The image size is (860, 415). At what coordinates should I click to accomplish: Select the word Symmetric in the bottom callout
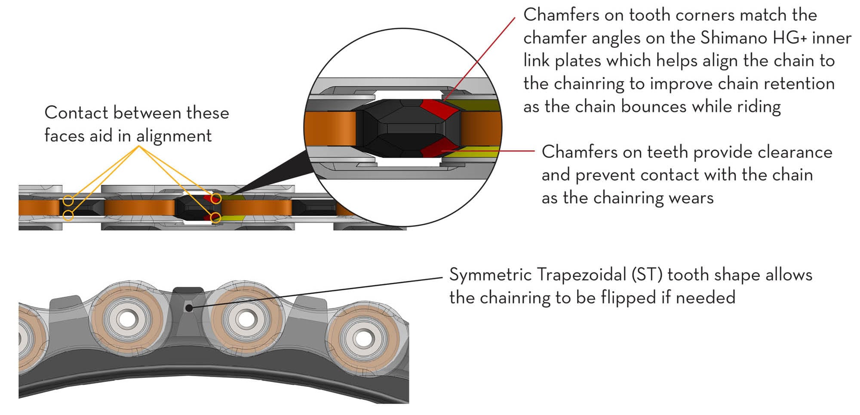(x=490, y=275)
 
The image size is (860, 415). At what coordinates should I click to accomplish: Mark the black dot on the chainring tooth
(x=189, y=308)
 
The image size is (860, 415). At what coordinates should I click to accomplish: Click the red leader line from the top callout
(x=479, y=59)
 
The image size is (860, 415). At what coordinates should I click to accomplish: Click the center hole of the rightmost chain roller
(x=364, y=339)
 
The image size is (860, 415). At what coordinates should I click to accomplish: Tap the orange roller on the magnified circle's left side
(x=330, y=129)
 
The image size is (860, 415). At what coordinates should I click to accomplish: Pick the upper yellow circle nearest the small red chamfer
(x=216, y=198)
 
